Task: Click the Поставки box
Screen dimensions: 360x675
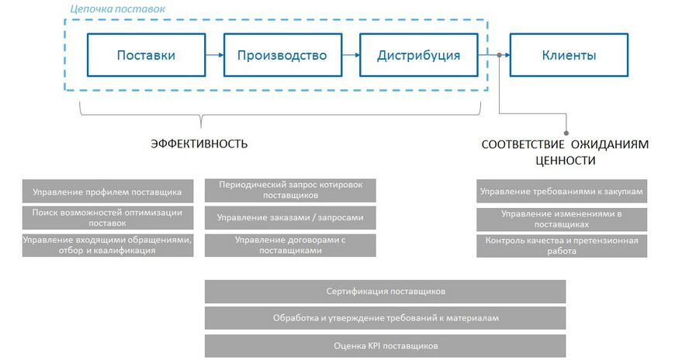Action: (x=146, y=55)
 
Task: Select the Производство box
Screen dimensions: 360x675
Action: (x=282, y=55)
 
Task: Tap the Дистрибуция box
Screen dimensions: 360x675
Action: (x=418, y=55)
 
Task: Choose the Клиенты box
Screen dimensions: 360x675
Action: (x=569, y=55)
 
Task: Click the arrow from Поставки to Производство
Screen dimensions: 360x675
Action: (x=215, y=55)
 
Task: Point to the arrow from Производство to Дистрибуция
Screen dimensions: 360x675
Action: (x=351, y=55)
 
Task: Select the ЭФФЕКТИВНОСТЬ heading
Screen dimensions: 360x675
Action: (x=199, y=144)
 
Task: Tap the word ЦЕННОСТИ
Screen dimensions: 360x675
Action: (x=566, y=161)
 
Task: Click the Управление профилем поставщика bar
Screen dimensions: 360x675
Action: (x=107, y=191)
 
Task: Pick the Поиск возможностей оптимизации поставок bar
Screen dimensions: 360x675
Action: (x=107, y=217)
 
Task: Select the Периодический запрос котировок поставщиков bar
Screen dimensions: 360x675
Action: (x=290, y=191)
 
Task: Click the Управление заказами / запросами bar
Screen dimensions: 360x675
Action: (x=290, y=218)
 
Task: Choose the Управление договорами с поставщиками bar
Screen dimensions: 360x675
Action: (x=290, y=245)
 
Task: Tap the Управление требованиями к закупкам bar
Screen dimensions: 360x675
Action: (x=562, y=191)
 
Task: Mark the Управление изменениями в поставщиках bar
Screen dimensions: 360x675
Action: (x=562, y=218)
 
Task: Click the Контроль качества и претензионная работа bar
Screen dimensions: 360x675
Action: (x=562, y=245)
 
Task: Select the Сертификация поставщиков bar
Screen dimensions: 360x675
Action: (x=385, y=292)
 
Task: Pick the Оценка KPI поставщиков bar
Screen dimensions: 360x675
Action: (x=385, y=345)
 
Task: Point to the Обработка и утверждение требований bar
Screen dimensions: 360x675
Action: (x=385, y=318)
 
